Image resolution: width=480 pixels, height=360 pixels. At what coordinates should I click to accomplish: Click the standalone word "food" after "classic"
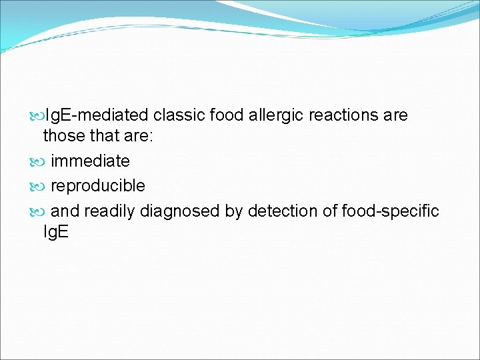(x=227, y=115)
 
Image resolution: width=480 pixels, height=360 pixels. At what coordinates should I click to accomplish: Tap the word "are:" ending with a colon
(x=140, y=136)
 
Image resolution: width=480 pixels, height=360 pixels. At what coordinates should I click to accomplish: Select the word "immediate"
(x=90, y=161)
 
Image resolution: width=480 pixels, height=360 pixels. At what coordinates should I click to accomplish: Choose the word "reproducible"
(x=97, y=185)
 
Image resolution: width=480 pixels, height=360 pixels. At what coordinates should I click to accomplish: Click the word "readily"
(x=109, y=211)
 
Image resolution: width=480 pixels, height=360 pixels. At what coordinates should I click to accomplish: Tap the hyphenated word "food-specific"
(x=390, y=211)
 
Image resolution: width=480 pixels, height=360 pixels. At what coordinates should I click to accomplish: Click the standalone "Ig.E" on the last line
(x=55, y=232)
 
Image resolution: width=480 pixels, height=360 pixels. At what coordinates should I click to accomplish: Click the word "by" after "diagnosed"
(x=233, y=211)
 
